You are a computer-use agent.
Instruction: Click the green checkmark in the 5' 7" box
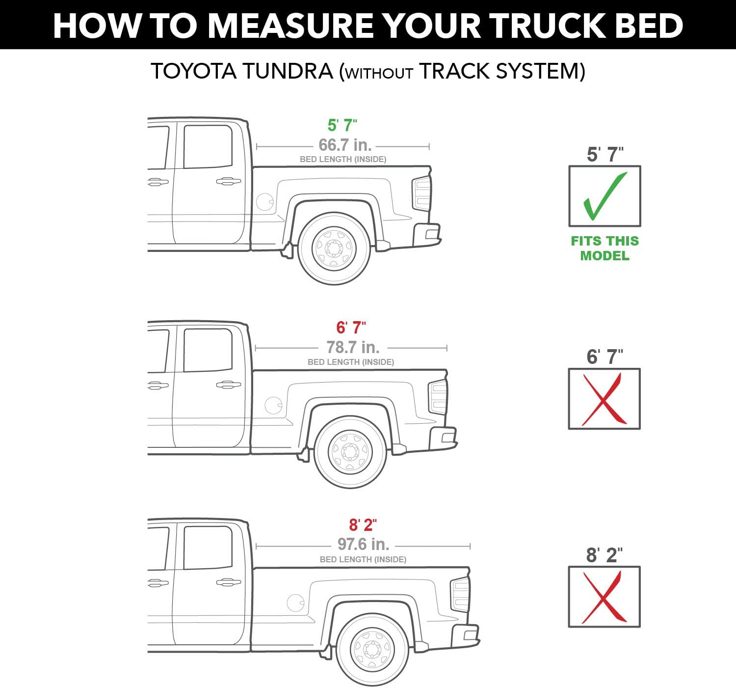(604, 196)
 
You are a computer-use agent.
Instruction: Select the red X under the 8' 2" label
(604, 597)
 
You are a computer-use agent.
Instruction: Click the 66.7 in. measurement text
(345, 145)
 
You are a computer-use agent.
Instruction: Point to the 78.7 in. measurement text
(353, 347)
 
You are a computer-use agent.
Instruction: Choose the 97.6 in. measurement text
(363, 544)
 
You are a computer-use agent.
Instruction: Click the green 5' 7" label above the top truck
(342, 126)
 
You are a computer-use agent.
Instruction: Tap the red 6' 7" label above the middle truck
(351, 328)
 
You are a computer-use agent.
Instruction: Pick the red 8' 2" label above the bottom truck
(363, 525)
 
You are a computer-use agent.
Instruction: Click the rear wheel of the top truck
(334, 248)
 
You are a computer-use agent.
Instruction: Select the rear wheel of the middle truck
(350, 452)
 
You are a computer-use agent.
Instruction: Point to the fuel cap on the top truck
(265, 201)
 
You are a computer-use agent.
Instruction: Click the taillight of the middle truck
(438, 397)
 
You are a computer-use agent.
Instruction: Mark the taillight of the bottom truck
(460, 594)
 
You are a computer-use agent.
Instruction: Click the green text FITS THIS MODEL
(605, 248)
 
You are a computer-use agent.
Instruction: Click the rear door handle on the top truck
(228, 182)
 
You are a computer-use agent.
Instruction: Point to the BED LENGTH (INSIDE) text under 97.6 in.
(363, 559)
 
